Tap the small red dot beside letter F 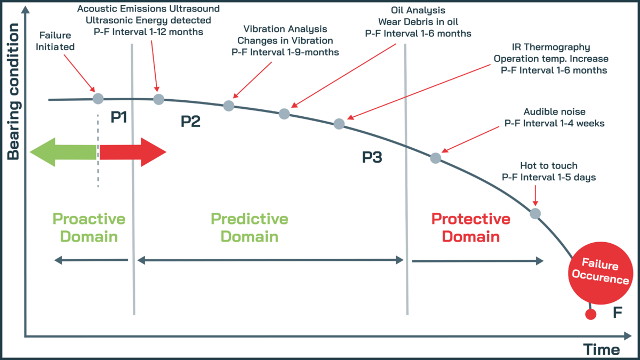point(590,314)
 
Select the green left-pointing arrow point(63,153)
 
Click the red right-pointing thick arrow point(133,153)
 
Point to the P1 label point(118,117)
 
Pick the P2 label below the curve point(190,122)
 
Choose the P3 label point(372,157)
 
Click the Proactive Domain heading point(89,227)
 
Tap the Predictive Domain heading point(249,227)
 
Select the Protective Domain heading point(470,227)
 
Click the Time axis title point(601,349)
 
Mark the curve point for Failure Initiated point(98,98)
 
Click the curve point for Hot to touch point(535,213)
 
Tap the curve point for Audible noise point(435,158)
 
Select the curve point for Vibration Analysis point(229,106)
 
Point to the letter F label point(618,313)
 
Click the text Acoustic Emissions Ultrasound point(148,9)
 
